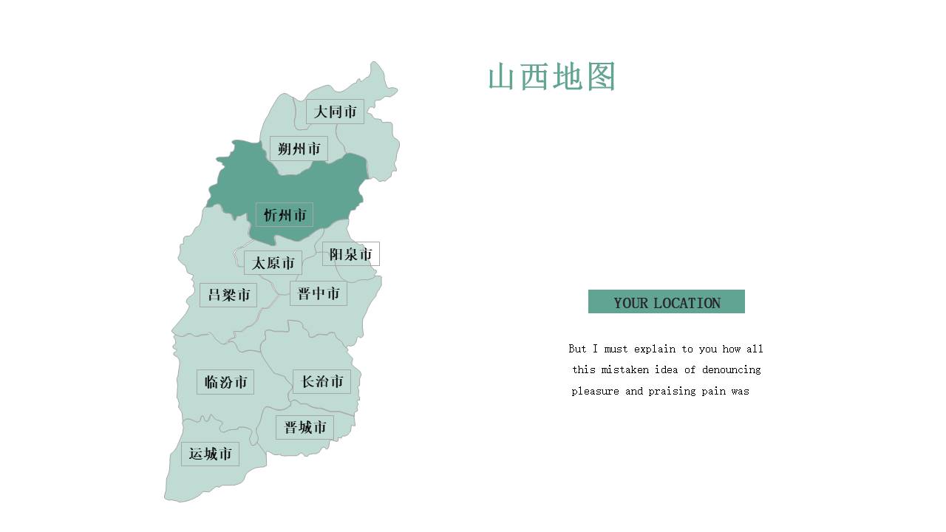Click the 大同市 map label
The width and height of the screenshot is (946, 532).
pyautogui.click(x=335, y=112)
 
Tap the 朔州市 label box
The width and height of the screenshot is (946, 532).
pyautogui.click(x=299, y=149)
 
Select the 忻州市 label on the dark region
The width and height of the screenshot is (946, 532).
pyautogui.click(x=285, y=215)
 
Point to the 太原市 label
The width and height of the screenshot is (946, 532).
pyautogui.click(x=273, y=263)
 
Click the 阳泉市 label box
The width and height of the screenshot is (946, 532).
pyautogui.click(x=350, y=254)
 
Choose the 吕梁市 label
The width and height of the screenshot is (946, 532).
pyautogui.click(x=228, y=295)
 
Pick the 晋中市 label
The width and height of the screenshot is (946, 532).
pyautogui.click(x=319, y=293)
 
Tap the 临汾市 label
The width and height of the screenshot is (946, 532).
pyautogui.click(x=225, y=382)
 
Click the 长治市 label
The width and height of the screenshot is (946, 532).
pyautogui.click(x=321, y=381)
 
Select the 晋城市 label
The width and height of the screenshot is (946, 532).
pyautogui.click(x=305, y=427)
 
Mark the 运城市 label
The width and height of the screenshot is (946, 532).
pyautogui.click(x=210, y=454)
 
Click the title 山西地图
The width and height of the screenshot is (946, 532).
pyautogui.click(x=551, y=77)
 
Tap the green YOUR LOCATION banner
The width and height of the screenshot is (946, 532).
pyautogui.click(x=666, y=301)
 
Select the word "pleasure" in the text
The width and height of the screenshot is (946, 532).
pyautogui.click(x=595, y=391)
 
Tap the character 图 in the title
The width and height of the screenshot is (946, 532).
pyautogui.click(x=601, y=77)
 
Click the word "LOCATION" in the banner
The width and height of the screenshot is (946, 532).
pyautogui.click(x=687, y=303)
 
